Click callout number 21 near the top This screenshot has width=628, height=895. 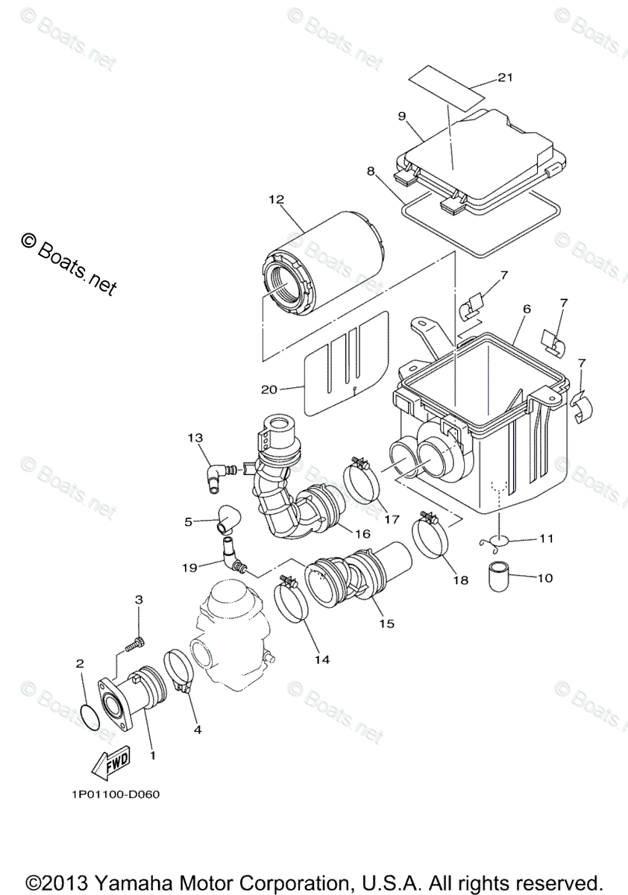[x=506, y=78]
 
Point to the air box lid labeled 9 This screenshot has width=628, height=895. [x=477, y=149]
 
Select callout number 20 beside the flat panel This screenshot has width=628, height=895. [x=269, y=389]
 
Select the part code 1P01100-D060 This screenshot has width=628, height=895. [x=111, y=794]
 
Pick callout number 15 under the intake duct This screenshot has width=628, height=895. [x=386, y=623]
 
